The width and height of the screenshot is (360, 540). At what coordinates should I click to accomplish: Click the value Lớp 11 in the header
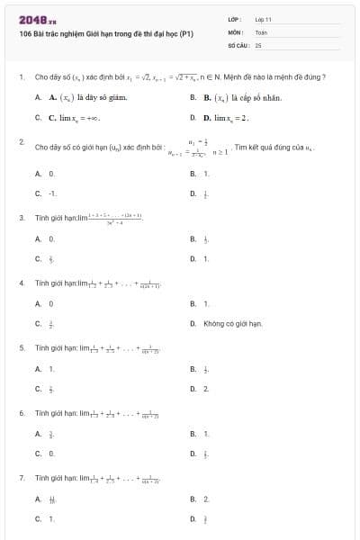(x=263, y=19)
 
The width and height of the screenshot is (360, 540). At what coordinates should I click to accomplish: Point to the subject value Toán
(x=261, y=31)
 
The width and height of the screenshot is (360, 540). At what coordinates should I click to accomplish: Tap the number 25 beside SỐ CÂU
(x=258, y=44)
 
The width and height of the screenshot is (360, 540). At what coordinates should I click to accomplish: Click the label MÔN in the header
(x=234, y=31)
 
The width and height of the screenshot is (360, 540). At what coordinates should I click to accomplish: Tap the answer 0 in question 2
(x=51, y=173)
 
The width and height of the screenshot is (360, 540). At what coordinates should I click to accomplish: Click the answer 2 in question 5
(x=206, y=389)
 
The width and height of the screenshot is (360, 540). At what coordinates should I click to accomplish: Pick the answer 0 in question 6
(x=51, y=454)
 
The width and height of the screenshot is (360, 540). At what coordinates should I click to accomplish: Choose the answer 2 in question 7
(x=206, y=498)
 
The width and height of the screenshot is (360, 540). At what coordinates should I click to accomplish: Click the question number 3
(x=21, y=217)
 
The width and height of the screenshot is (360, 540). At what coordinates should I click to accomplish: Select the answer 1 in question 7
(x=51, y=518)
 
